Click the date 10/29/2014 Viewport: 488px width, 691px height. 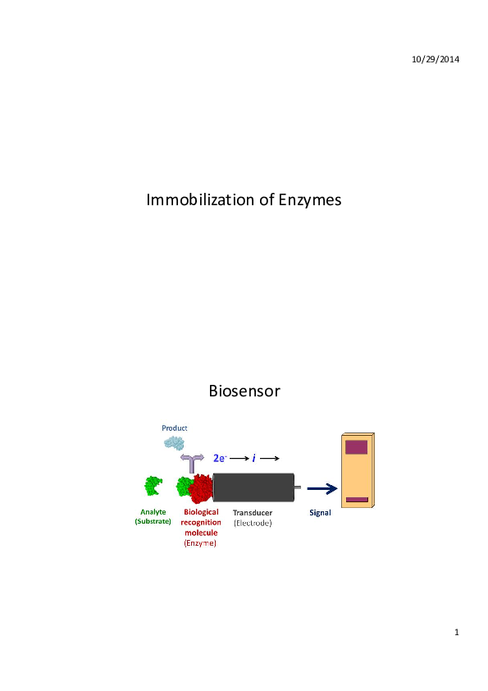(x=436, y=59)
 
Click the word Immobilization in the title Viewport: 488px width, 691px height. (x=200, y=199)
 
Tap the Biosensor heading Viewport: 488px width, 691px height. (x=244, y=391)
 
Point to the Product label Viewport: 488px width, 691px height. (x=175, y=428)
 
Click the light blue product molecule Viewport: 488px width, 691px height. (x=174, y=442)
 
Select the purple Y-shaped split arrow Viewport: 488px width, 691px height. (x=192, y=463)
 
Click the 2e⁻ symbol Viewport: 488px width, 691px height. (x=220, y=458)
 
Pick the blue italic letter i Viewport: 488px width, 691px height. (x=253, y=458)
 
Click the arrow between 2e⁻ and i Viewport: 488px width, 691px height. (x=239, y=458)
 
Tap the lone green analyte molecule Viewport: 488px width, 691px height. (x=153, y=486)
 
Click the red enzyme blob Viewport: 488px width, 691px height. (x=201, y=489)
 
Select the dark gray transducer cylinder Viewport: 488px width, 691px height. (x=253, y=487)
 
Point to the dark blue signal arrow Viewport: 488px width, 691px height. (x=322, y=488)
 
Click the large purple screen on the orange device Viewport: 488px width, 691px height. (x=356, y=447)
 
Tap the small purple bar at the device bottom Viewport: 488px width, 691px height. (x=357, y=500)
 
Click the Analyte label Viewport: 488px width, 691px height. (x=153, y=512)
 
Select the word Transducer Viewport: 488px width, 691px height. (x=253, y=513)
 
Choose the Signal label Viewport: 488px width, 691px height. (x=320, y=513)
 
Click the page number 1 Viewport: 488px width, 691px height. (x=457, y=633)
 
